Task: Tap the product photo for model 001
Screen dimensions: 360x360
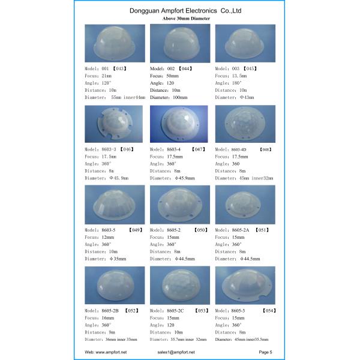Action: pyautogui.click(x=115, y=43)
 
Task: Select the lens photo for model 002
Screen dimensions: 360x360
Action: pyautogui.click(x=180, y=43)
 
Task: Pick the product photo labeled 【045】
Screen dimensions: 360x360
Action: pyautogui.click(x=245, y=43)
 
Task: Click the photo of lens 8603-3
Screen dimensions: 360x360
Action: pyautogui.click(x=114, y=124)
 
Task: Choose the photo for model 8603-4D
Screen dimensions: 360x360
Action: pyautogui.click(x=245, y=124)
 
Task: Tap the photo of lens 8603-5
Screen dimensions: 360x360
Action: pyautogui.click(x=115, y=204)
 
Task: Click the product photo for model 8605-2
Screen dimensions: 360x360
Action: pyautogui.click(x=180, y=204)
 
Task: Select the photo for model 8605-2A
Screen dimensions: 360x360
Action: pyautogui.click(x=245, y=204)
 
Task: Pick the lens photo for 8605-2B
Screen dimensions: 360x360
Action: pyautogui.click(x=115, y=286)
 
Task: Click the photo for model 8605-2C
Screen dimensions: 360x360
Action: pyautogui.click(x=180, y=286)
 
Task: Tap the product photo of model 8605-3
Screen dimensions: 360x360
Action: pyautogui.click(x=245, y=286)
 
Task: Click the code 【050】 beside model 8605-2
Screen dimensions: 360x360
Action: pyautogui.click(x=200, y=230)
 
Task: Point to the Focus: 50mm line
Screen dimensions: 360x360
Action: pyautogui.click(x=164, y=76)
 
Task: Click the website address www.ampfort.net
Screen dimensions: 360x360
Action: pyautogui.click(x=106, y=352)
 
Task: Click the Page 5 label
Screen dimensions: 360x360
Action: pyautogui.click(x=266, y=352)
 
